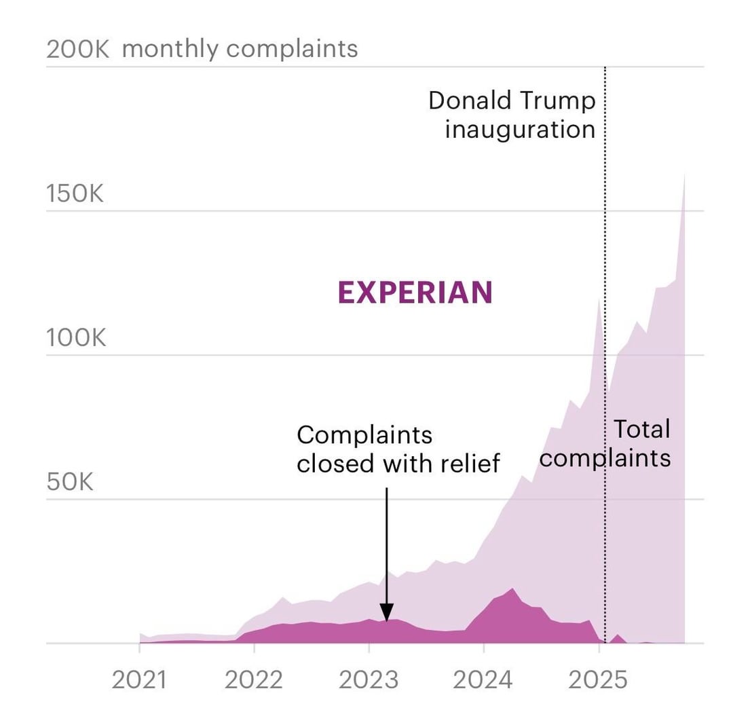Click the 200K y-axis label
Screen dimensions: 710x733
[x=77, y=50]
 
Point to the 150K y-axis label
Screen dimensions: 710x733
[x=75, y=193]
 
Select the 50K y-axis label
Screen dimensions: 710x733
[x=70, y=482]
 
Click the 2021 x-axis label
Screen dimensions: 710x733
[x=139, y=679]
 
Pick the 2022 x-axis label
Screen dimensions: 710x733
[x=253, y=679]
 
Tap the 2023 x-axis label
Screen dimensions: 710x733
[x=368, y=679]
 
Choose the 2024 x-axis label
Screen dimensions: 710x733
[x=483, y=679]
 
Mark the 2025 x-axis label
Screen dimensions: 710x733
[x=597, y=679]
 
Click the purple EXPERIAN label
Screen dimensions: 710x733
[x=415, y=293]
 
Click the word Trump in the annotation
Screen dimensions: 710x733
[x=557, y=101]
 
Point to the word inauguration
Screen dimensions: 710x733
[x=520, y=129]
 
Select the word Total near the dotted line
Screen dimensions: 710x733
[x=641, y=429]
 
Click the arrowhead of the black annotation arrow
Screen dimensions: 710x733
[x=386, y=614]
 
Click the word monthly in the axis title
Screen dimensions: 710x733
[x=171, y=50]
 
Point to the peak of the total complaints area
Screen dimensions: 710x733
[x=683, y=175]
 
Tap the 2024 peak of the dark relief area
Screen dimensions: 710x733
[x=512, y=588]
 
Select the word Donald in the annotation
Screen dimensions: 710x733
[x=470, y=101]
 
